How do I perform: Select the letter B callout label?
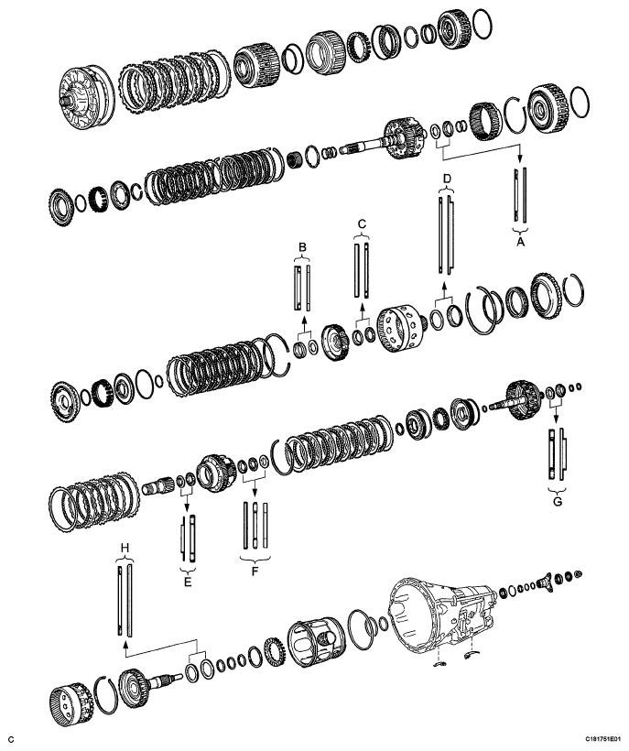tap(303, 246)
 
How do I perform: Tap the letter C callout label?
tap(362, 223)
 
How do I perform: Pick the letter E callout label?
tap(187, 579)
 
